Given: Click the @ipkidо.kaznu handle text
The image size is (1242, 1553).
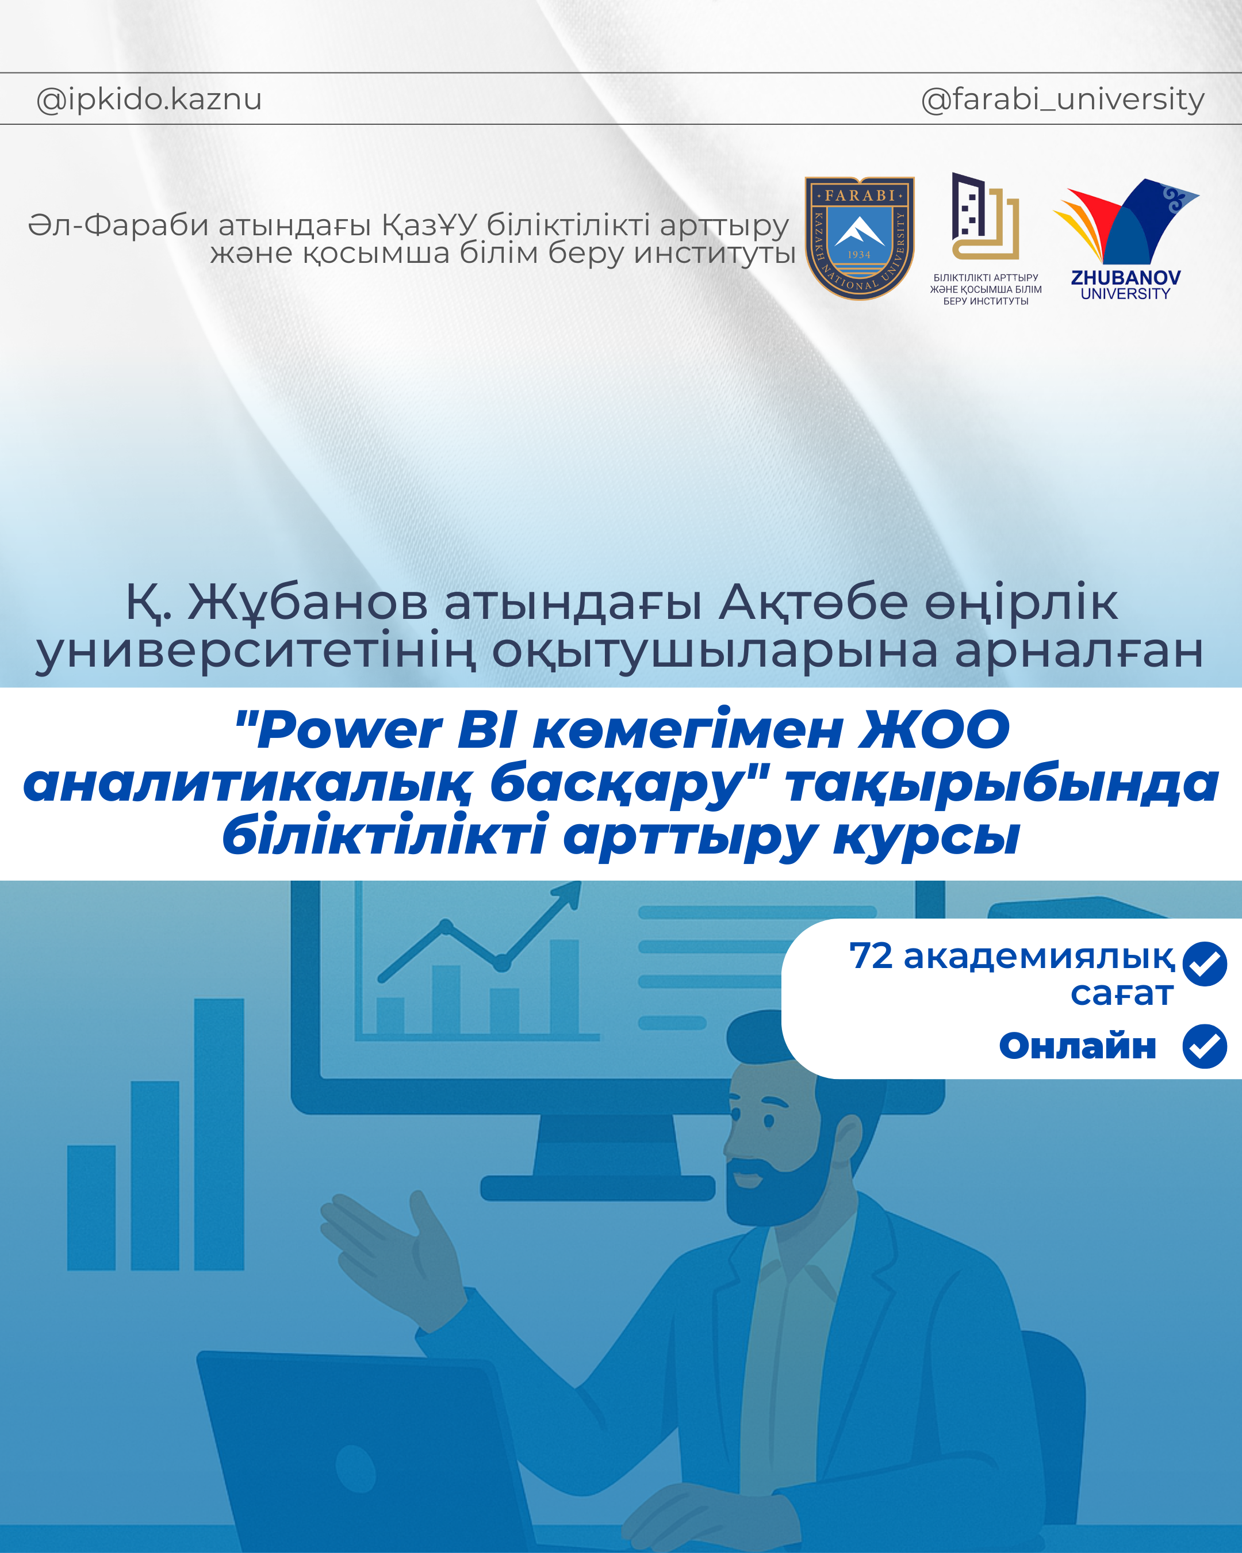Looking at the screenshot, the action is click(149, 100).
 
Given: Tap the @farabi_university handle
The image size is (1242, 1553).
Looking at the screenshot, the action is click(1062, 100).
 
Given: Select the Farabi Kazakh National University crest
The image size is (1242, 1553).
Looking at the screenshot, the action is click(859, 238).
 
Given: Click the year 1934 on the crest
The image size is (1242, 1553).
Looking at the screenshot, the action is click(859, 254).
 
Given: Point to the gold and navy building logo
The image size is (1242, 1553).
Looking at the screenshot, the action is click(985, 216).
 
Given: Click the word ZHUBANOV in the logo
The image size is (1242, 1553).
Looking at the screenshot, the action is click(1125, 278).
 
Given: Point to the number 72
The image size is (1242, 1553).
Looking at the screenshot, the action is click(871, 956).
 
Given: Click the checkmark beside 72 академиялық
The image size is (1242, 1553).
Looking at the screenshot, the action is click(1205, 964).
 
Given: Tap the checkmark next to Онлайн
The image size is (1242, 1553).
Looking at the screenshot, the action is click(1205, 1046).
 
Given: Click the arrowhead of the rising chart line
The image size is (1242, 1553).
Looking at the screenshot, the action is click(568, 894).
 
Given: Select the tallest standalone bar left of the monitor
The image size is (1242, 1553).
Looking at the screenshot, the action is click(219, 1134).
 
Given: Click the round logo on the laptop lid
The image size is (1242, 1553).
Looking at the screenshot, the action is click(355, 1470).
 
